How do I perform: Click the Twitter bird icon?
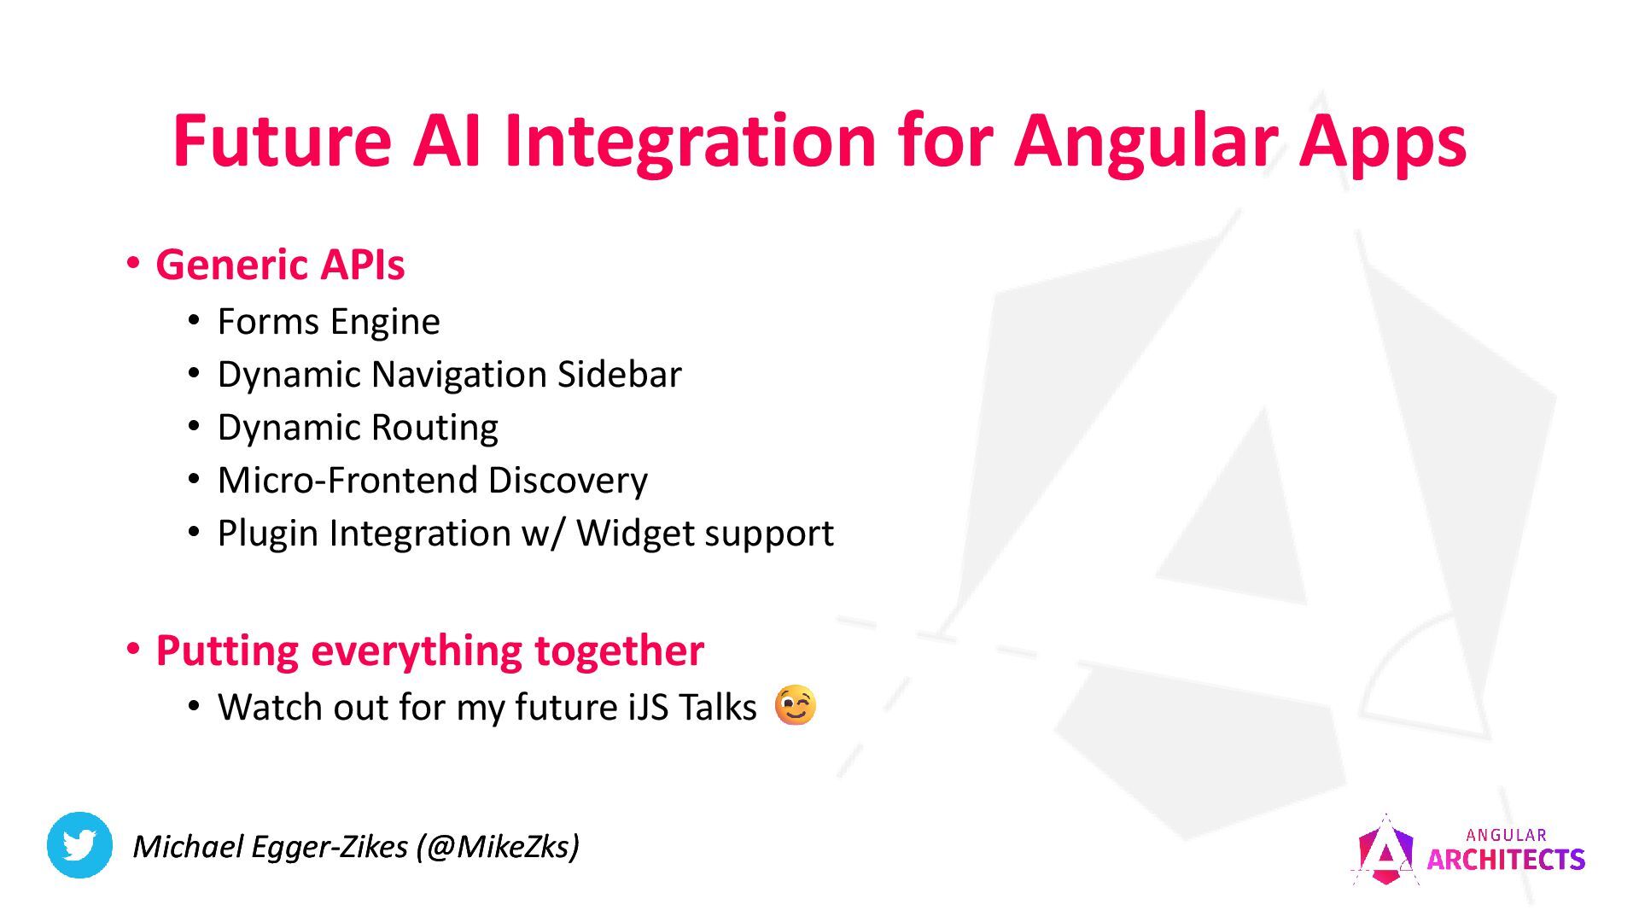point(79,845)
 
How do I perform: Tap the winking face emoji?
point(795,705)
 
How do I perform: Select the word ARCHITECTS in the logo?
point(1506,860)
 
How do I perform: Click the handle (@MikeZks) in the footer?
point(498,846)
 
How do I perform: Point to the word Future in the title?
point(282,140)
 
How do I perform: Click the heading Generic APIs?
point(280,265)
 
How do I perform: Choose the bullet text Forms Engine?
point(329,322)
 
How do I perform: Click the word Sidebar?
point(620,375)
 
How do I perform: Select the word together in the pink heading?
point(619,651)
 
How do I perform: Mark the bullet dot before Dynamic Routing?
point(195,425)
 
